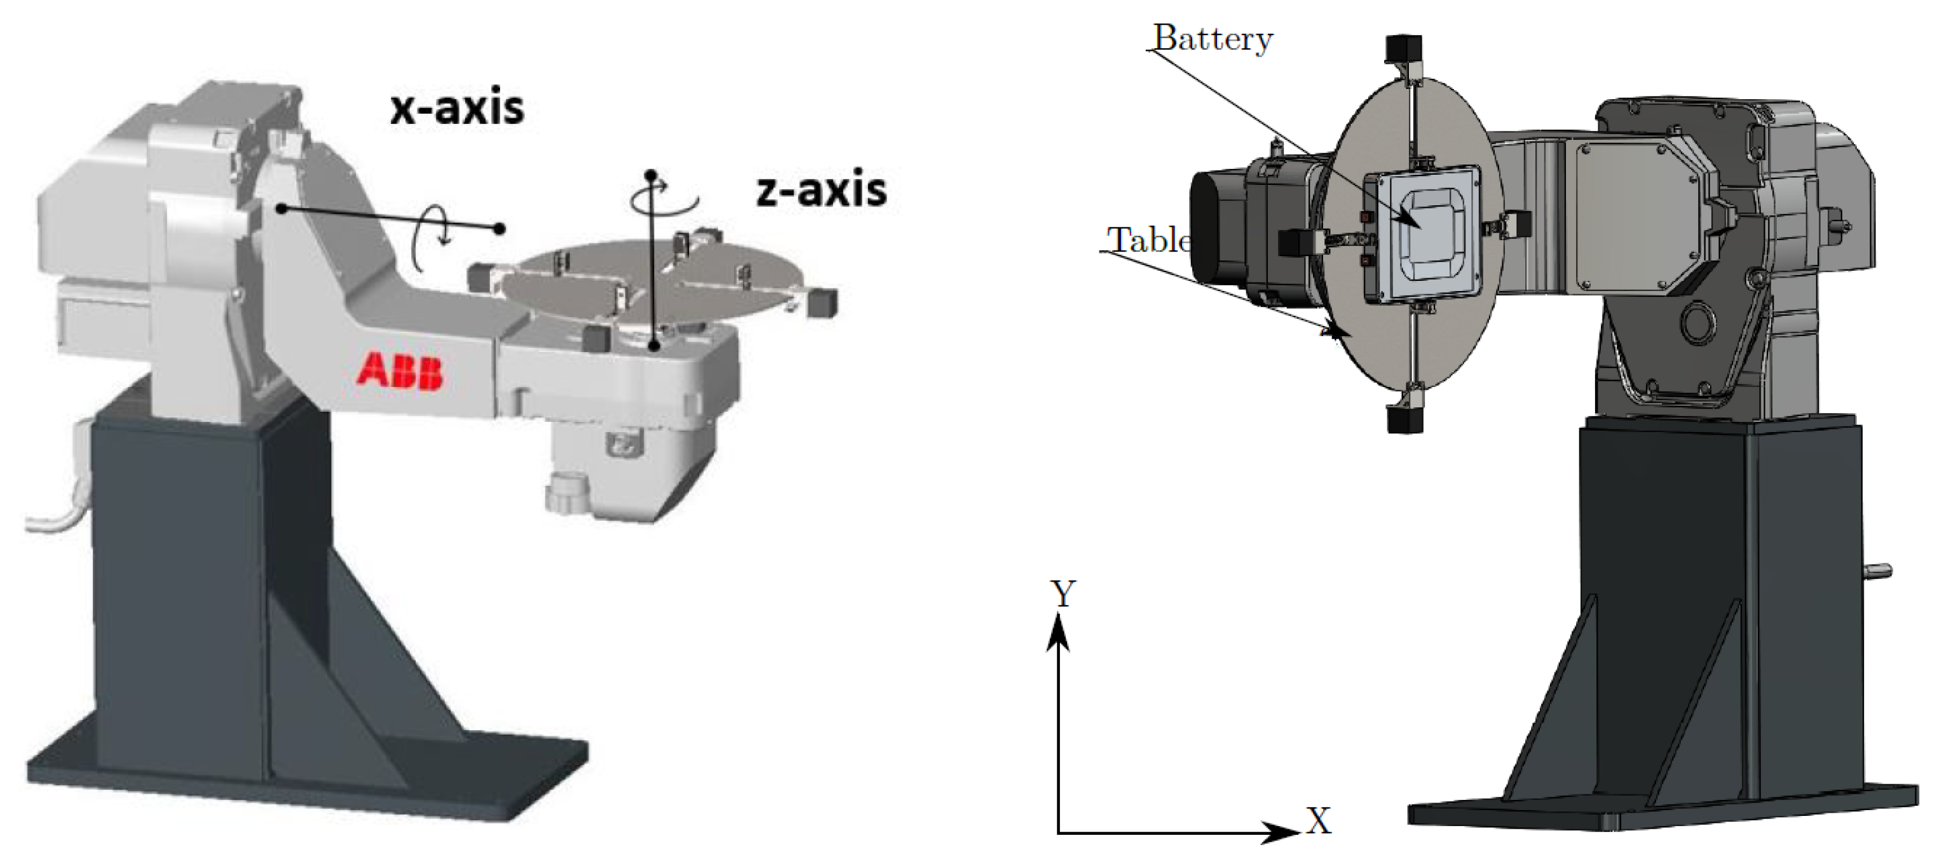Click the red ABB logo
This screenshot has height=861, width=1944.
[400, 370]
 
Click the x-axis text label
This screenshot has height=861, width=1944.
[456, 108]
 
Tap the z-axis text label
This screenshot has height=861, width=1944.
[821, 189]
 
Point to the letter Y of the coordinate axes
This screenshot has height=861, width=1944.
[1063, 594]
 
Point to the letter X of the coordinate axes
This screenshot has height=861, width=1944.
[1319, 821]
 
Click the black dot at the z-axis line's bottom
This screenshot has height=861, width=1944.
[655, 346]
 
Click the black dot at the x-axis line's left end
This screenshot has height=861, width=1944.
[282, 208]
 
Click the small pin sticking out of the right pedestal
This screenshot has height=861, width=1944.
[1880, 570]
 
